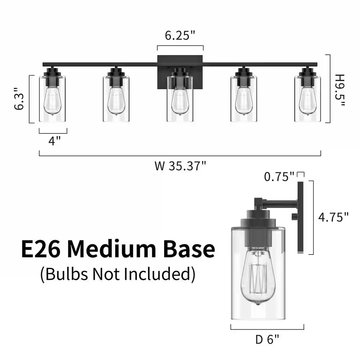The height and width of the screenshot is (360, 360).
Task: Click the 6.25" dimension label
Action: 180,36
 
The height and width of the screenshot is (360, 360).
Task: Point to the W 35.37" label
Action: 180,166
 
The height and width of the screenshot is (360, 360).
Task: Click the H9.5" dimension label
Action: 339,90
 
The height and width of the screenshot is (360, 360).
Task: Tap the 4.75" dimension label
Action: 333,217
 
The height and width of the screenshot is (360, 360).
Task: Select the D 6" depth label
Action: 267,339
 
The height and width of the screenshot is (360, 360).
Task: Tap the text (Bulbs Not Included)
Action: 118,274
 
